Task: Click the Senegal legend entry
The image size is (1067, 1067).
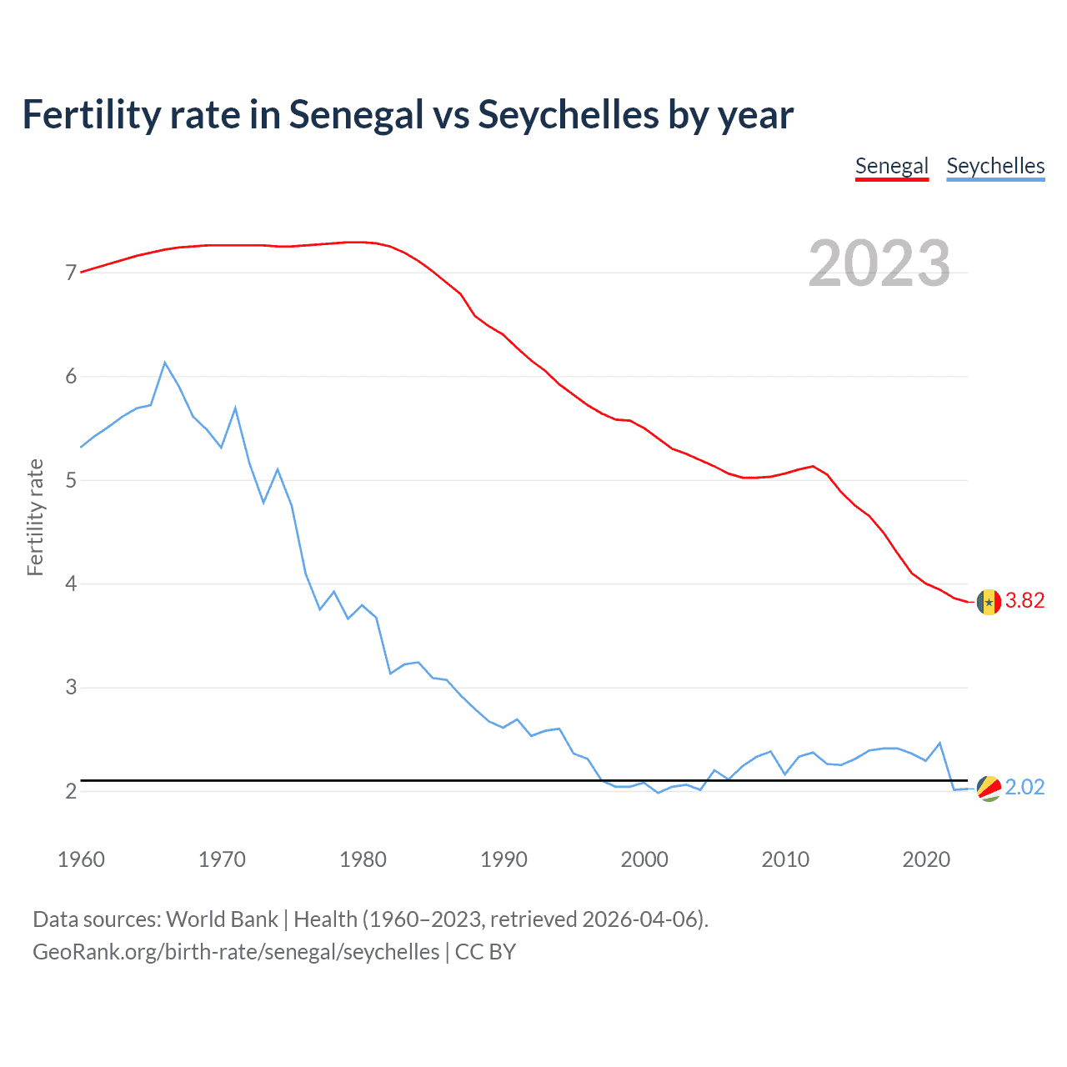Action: pos(891,166)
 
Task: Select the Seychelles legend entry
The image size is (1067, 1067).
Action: pos(995,166)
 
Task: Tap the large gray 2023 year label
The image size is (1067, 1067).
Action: pos(879,263)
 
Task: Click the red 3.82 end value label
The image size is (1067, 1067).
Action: pos(1024,601)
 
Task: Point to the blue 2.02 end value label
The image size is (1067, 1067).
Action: pos(1024,788)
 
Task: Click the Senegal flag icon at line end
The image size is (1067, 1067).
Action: pos(989,602)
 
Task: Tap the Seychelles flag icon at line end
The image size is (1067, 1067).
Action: pos(989,788)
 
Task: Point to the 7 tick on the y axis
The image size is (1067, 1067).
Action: pos(71,273)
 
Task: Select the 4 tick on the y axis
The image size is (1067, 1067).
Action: pos(71,584)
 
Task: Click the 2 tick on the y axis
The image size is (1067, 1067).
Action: pos(71,791)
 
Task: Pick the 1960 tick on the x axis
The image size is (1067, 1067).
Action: pos(81,859)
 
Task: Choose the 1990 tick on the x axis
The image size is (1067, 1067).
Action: pos(503,859)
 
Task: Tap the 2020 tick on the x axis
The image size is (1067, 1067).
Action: pos(926,859)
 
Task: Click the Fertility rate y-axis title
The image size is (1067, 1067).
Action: pos(35,517)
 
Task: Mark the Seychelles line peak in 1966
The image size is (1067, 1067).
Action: pos(165,363)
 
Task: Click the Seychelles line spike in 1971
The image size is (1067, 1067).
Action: pos(236,408)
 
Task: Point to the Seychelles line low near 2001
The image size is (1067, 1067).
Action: pos(659,792)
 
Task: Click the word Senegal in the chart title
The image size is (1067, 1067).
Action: pos(357,115)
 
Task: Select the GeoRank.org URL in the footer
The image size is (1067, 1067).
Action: pos(236,952)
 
